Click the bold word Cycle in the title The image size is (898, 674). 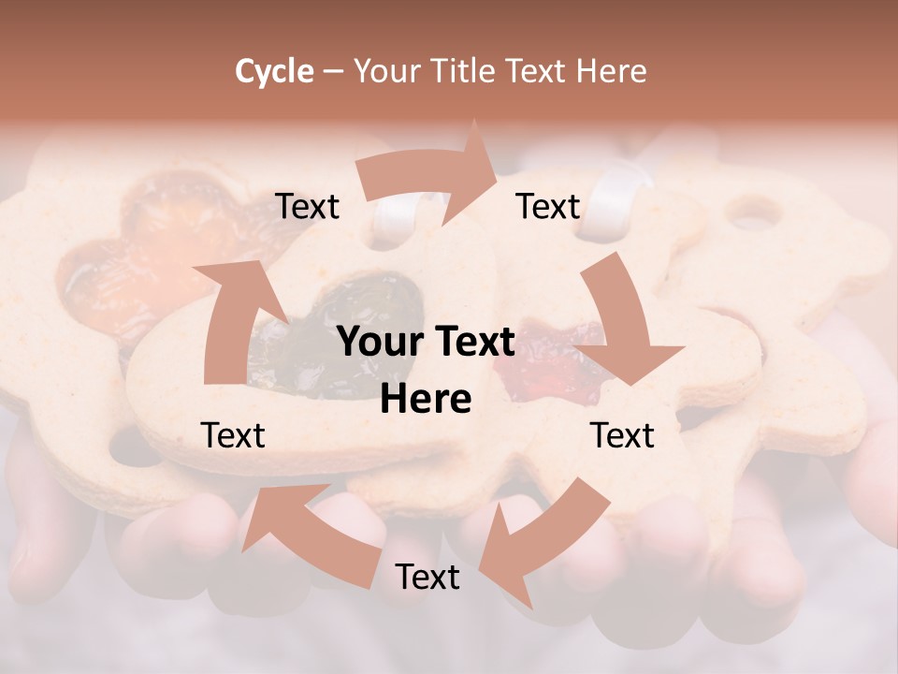[x=274, y=71]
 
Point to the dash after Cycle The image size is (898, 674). [x=333, y=72]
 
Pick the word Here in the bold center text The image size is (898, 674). [x=426, y=400]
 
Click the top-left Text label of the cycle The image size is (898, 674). [x=307, y=206]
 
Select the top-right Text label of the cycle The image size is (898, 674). [x=548, y=206]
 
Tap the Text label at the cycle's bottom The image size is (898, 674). [x=427, y=577]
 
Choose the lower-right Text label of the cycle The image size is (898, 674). [x=622, y=435]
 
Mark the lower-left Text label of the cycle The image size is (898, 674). [x=233, y=435]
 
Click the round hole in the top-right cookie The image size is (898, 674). [x=754, y=214]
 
